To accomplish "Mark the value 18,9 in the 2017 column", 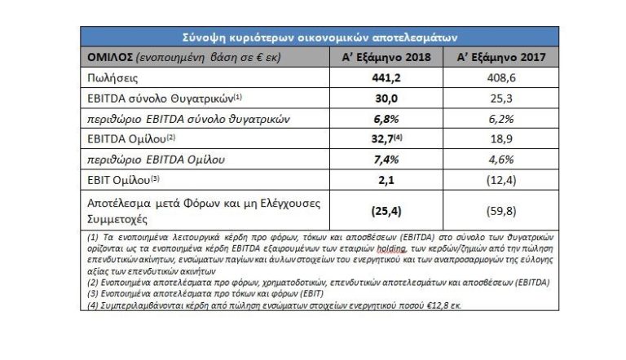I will pyautogui.click(x=501, y=139).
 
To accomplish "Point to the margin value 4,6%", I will pyautogui.click(x=501, y=160).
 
